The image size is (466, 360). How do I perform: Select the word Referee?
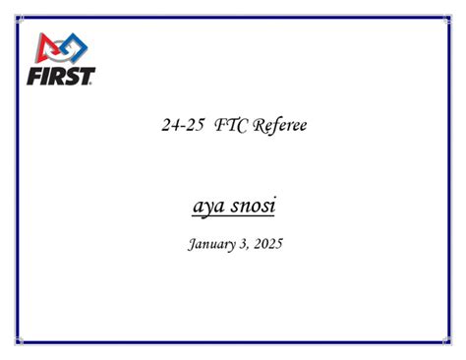pyautogui.click(x=281, y=126)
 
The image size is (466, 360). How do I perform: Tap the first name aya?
pyautogui.click(x=210, y=207)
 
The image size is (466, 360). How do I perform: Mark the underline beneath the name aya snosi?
pyautogui.click(x=233, y=217)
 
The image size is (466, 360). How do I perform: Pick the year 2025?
pyautogui.click(x=266, y=243)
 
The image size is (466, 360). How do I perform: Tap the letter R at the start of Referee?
pyautogui.click(x=261, y=125)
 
